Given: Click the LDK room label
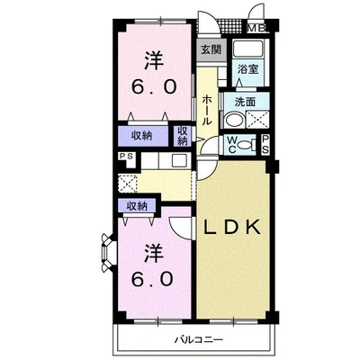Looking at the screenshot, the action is [x=232, y=227].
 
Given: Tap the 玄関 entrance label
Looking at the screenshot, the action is [x=211, y=49].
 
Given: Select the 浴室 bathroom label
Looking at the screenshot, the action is [x=248, y=69].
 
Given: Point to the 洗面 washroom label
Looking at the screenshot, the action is [x=245, y=102].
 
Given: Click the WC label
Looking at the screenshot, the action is [x=230, y=145].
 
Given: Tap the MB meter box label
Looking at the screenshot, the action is [x=256, y=29].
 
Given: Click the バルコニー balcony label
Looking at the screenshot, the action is [x=199, y=340].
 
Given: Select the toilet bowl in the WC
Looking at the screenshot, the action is [x=245, y=145].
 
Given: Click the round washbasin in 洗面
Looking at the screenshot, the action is [x=233, y=120].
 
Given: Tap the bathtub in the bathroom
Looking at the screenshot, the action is [x=247, y=49].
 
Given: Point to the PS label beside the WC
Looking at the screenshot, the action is [x=265, y=145].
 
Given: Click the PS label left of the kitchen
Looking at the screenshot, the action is [x=126, y=157].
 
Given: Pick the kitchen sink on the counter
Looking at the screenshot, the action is [x=178, y=161].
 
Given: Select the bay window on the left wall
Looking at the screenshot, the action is [x=106, y=253].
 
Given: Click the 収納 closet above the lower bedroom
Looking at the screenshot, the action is [x=137, y=206].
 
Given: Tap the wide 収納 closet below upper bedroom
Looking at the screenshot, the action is [x=142, y=136].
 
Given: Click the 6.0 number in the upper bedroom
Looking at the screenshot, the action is [x=153, y=87].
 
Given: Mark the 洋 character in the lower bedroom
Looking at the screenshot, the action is [x=154, y=252].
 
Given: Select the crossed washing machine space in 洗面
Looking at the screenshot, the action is [x=257, y=120].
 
